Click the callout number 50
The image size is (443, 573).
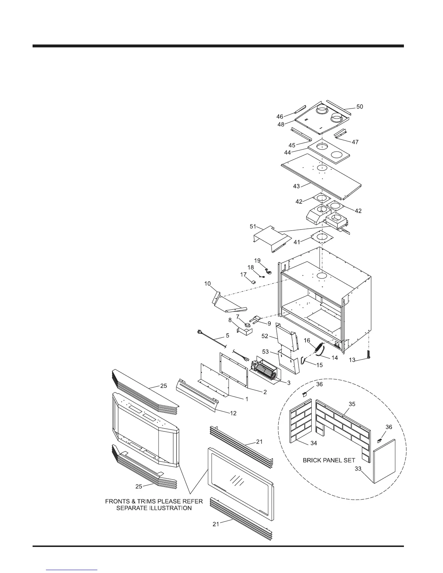[359, 107]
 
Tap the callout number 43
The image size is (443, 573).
[296, 186]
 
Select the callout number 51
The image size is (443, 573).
[253, 227]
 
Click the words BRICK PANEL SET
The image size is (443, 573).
[329, 460]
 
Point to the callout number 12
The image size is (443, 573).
[233, 413]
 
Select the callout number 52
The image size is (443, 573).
[265, 336]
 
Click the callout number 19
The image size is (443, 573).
[257, 260]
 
